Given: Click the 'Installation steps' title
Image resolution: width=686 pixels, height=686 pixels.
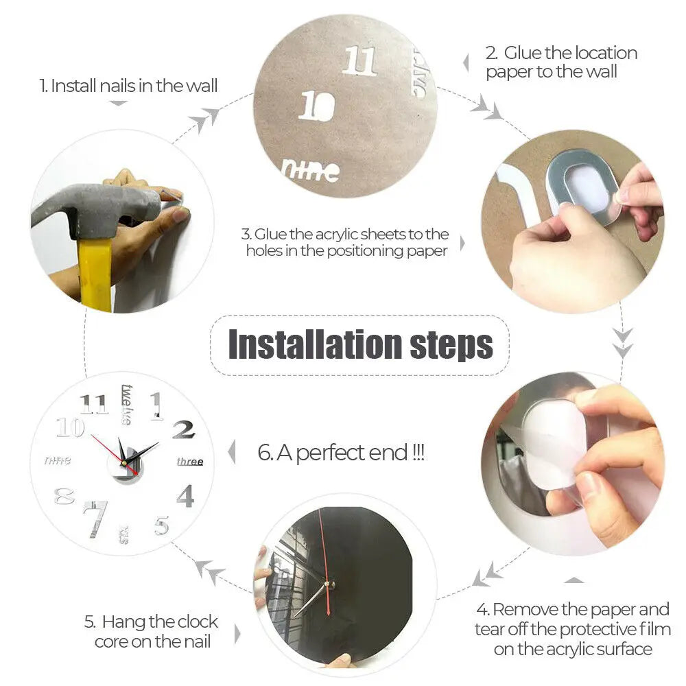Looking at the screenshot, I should click(x=360, y=345).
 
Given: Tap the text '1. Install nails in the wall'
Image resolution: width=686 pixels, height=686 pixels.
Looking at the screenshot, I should click(x=128, y=86).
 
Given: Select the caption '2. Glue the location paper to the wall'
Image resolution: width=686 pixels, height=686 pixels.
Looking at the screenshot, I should click(x=560, y=62).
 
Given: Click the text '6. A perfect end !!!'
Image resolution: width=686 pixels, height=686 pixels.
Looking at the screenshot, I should click(x=341, y=453).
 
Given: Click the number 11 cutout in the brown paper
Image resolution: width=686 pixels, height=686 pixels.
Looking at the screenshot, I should click(x=359, y=60).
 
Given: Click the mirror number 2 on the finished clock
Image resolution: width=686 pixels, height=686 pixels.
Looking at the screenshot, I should click(x=183, y=430).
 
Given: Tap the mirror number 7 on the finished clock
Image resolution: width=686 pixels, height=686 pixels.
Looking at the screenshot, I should click(x=95, y=518).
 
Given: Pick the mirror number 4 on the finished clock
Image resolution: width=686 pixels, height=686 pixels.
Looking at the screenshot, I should click(x=185, y=495).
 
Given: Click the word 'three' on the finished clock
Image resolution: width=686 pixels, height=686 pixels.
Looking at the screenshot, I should click(x=190, y=462).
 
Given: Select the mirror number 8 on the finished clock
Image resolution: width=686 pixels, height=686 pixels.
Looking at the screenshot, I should click(x=64, y=496).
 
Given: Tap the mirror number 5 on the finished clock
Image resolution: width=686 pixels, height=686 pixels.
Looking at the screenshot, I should click(x=161, y=525).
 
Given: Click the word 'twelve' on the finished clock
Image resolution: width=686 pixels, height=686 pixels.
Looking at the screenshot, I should click(x=127, y=404).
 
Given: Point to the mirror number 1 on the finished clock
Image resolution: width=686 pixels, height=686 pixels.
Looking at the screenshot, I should click(x=157, y=405).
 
